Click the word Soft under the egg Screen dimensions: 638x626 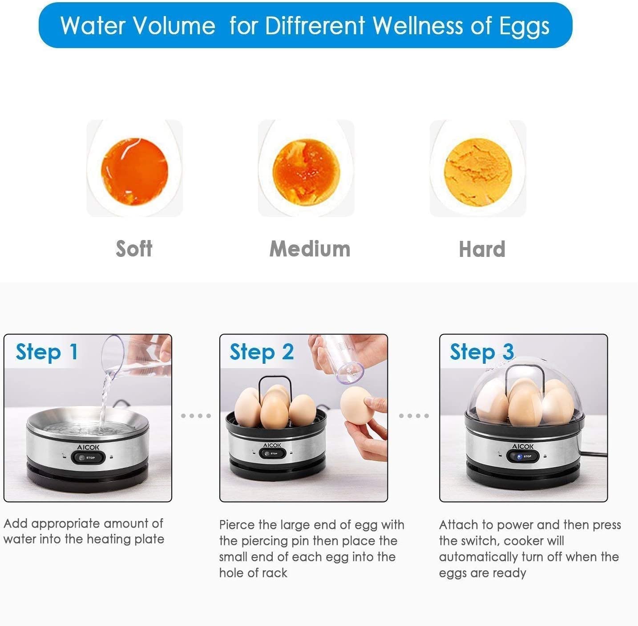click(x=134, y=248)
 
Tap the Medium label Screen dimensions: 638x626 click(x=310, y=249)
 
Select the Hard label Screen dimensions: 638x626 click(x=482, y=249)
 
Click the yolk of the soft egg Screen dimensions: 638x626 click(x=135, y=171)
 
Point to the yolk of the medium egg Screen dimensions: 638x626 click(x=306, y=172)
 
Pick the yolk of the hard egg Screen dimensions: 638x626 click(x=478, y=172)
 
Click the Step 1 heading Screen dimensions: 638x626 click(x=47, y=352)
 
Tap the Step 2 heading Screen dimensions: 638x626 click(x=262, y=352)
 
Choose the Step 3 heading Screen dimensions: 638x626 click(x=482, y=352)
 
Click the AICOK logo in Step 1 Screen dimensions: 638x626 click(x=88, y=447)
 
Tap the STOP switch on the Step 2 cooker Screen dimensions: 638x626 click(x=272, y=453)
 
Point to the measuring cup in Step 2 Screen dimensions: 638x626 click(x=344, y=360)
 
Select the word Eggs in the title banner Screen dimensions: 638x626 click(x=524, y=27)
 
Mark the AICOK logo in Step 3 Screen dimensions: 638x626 click(x=523, y=447)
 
